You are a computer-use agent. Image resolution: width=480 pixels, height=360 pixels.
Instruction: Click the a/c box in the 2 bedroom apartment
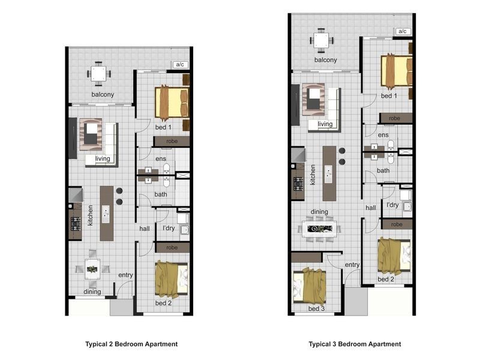tap(180, 65)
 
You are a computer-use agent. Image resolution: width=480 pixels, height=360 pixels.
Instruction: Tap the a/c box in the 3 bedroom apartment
tap(403, 31)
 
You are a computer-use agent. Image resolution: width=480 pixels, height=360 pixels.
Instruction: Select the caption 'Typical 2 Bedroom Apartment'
tap(131, 344)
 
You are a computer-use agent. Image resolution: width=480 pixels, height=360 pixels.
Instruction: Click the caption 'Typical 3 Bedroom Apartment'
tap(355, 344)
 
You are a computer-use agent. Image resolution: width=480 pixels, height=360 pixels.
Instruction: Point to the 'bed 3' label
tap(316, 308)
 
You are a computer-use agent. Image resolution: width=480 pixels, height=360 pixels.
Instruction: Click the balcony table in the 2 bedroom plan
tap(98, 74)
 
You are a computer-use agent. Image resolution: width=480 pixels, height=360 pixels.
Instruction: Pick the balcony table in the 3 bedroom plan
tap(321, 40)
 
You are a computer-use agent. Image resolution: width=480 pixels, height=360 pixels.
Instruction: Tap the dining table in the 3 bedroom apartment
tap(320, 229)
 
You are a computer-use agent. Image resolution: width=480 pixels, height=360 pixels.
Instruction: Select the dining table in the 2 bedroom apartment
tap(92, 269)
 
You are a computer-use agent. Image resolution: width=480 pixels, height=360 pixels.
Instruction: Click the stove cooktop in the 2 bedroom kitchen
tap(76, 223)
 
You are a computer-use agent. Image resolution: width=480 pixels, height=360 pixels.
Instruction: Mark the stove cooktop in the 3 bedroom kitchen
tap(298, 184)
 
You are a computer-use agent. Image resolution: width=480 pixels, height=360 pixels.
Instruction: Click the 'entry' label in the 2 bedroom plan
tap(125, 275)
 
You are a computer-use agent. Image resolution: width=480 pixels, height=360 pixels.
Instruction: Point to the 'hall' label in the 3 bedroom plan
tap(370, 208)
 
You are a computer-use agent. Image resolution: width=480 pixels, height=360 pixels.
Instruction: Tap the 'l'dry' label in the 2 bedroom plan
tap(169, 228)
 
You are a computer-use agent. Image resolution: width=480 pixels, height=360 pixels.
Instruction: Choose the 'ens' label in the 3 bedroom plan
tap(383, 135)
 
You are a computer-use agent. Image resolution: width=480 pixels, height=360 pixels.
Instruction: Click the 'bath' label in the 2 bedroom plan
tap(161, 194)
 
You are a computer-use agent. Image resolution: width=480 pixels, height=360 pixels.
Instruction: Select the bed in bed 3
tap(310, 286)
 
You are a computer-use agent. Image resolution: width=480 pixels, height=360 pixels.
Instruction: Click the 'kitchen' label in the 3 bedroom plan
tap(313, 175)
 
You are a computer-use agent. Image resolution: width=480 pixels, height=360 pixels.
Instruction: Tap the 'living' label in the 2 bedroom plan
tap(103, 158)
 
